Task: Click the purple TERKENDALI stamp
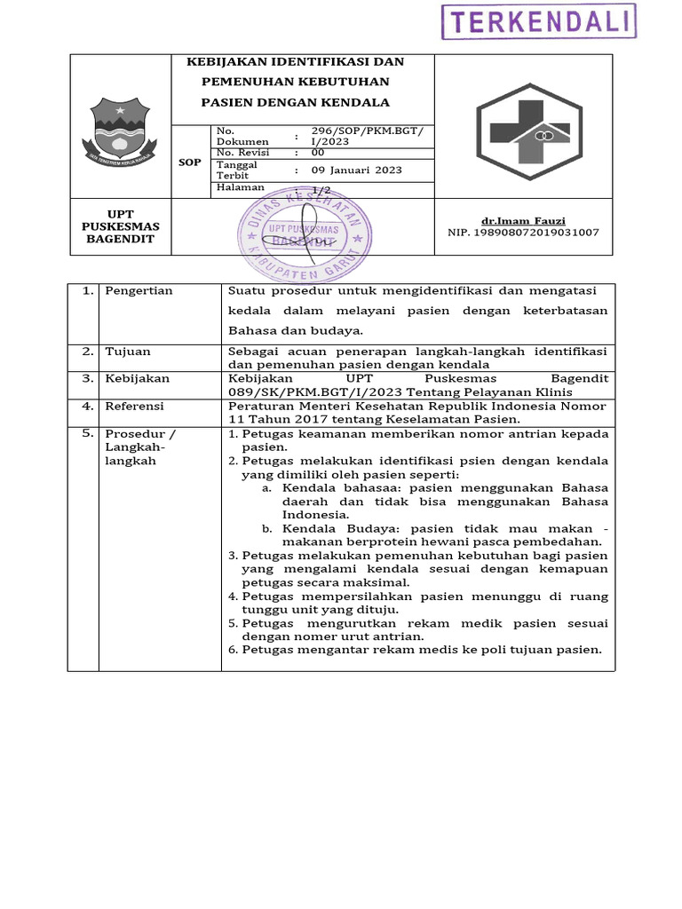coord(538,21)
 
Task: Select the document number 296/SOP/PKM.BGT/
coord(367,131)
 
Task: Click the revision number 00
coord(318,153)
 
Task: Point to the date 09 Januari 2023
coord(356,170)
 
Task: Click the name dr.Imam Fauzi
coord(523,220)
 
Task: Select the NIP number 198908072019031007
coord(523,233)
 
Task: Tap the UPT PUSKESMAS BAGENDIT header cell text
coord(120,226)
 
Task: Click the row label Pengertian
coord(139,291)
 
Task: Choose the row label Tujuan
coord(128,352)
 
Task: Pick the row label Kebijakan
coord(137,378)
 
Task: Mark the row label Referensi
coord(135,406)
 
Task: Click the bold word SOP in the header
coord(190,162)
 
